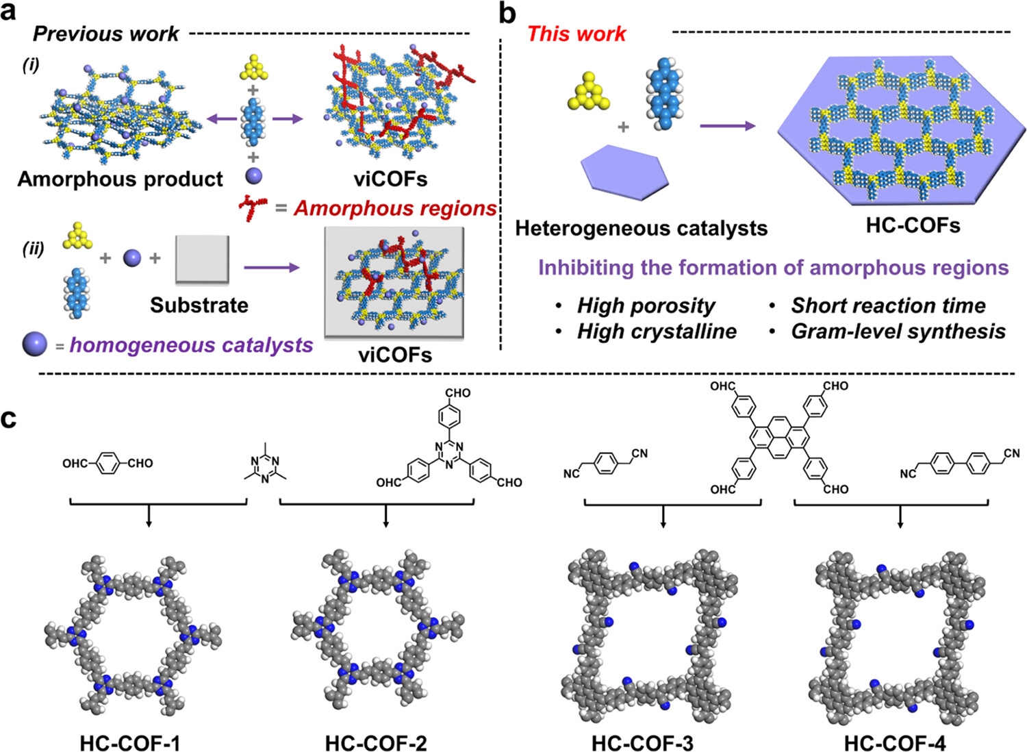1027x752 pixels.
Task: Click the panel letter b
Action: click(x=507, y=14)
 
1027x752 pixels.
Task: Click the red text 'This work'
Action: click(x=576, y=34)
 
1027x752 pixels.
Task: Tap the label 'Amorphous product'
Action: click(x=120, y=179)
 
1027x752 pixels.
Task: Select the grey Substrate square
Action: click(x=202, y=259)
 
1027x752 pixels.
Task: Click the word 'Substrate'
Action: click(x=199, y=305)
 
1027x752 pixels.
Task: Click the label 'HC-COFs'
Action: click(x=913, y=225)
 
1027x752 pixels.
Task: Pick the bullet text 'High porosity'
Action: click(x=646, y=305)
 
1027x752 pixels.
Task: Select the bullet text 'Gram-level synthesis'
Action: click(x=898, y=331)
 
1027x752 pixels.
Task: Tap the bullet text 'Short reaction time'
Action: click(x=888, y=305)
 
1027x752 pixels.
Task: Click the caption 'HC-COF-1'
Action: click(x=129, y=742)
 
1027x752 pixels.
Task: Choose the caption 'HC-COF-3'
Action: click(x=642, y=742)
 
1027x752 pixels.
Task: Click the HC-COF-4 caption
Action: click(x=894, y=742)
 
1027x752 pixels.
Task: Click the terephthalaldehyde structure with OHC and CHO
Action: click(x=107, y=464)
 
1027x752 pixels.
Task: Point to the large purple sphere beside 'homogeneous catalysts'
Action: click(x=34, y=344)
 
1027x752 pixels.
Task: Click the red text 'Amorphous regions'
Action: click(x=395, y=208)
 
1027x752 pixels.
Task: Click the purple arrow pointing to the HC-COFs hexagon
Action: click(x=727, y=125)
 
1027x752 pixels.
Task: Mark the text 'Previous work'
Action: click(x=105, y=34)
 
